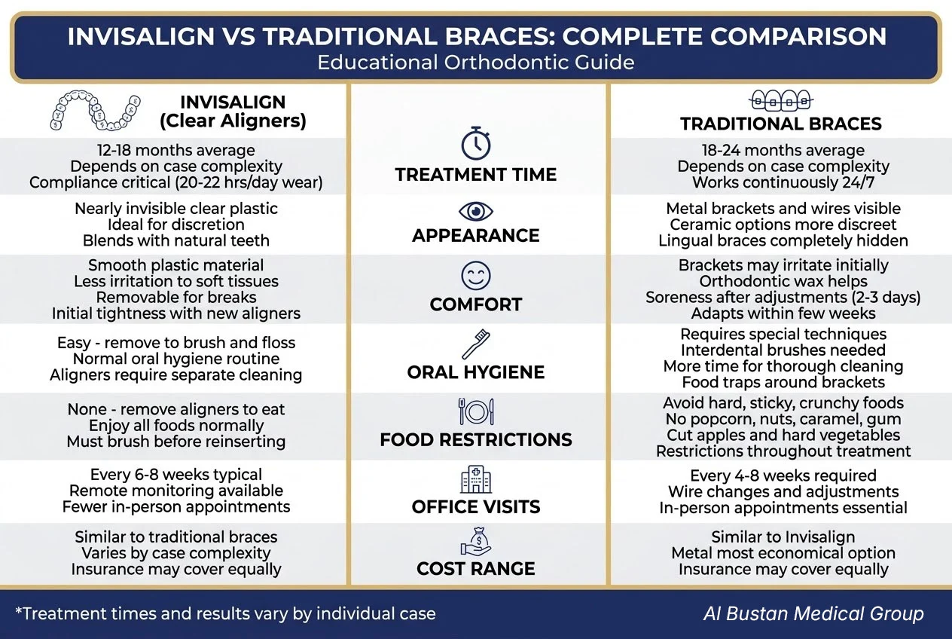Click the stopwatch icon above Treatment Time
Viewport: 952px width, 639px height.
[476, 143]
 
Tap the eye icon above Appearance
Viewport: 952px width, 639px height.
[476, 210]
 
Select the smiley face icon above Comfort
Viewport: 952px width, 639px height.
[476, 276]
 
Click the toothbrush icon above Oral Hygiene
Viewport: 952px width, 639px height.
[476, 344]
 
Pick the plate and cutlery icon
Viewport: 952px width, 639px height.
[476, 411]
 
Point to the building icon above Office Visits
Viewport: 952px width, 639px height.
[476, 479]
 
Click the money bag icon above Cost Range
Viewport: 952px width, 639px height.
[476, 542]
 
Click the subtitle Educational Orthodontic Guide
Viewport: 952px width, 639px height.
[476, 62]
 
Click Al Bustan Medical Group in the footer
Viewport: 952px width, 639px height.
[813, 613]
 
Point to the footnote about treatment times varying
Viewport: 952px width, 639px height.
[225, 613]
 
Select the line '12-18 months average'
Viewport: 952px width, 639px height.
[175, 151]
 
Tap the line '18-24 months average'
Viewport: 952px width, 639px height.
[783, 151]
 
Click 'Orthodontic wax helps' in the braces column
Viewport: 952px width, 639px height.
[783, 281]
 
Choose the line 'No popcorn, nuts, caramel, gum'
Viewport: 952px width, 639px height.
[783, 419]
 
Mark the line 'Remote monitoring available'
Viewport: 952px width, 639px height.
[175, 491]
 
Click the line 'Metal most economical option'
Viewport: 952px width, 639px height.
[783, 553]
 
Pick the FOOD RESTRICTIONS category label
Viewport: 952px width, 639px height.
[476, 439]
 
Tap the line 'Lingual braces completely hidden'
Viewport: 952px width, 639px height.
[783, 241]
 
